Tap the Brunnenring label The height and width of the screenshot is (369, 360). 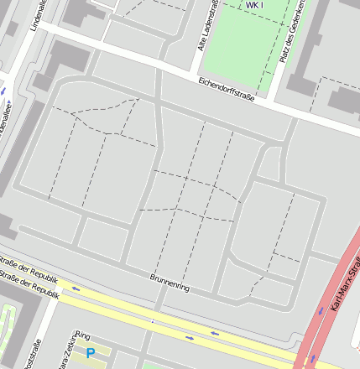point(170,282)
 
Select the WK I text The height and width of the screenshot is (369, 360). point(254,5)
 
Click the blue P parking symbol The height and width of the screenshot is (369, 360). point(91,353)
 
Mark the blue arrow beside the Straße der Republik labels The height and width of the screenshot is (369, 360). point(76,288)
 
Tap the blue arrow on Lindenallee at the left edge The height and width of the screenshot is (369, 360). point(3,90)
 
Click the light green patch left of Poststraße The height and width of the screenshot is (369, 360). point(7,327)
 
